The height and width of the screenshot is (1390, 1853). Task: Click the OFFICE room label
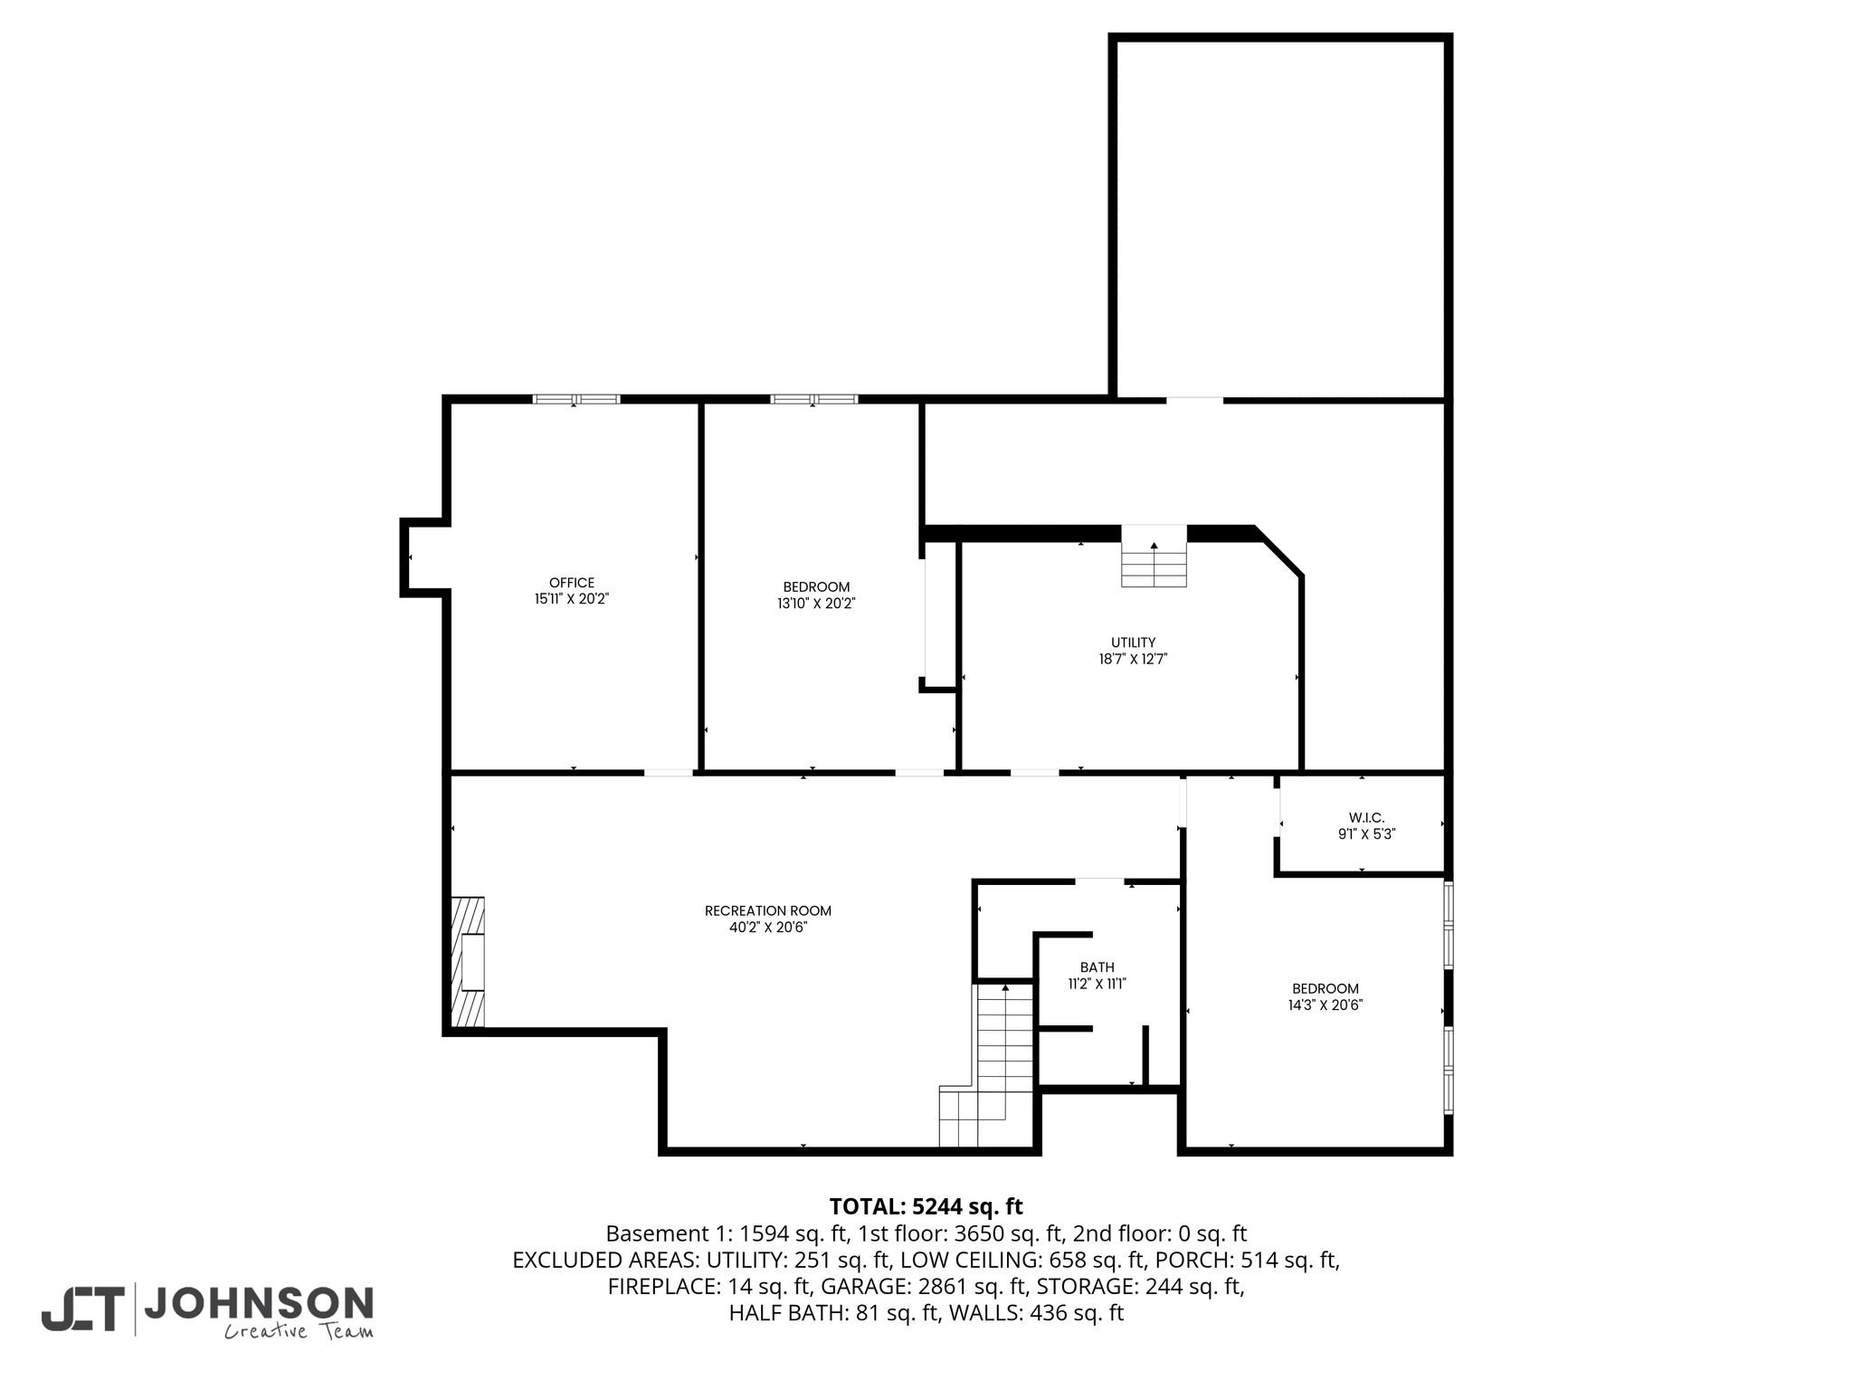pyautogui.click(x=572, y=583)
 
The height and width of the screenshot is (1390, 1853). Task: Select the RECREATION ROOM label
pyautogui.click(x=768, y=911)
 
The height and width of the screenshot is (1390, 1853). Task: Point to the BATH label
pyautogui.click(x=1097, y=967)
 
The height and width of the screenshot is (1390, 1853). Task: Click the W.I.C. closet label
pyautogui.click(x=1366, y=818)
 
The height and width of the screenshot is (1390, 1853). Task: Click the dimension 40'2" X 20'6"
pyautogui.click(x=768, y=928)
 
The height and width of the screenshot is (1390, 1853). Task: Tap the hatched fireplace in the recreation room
pyautogui.click(x=467, y=962)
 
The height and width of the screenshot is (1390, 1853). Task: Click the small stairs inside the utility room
pyautogui.click(x=1154, y=556)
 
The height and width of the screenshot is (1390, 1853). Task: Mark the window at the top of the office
pyautogui.click(x=576, y=399)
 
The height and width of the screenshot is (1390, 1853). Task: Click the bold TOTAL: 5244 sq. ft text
pyautogui.click(x=926, y=1206)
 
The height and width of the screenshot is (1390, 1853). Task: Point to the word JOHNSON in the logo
pyautogui.click(x=259, y=1303)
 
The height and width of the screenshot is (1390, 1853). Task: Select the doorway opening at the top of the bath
pyautogui.click(x=1099, y=881)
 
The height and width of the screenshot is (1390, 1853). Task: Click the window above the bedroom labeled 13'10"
pyautogui.click(x=814, y=399)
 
